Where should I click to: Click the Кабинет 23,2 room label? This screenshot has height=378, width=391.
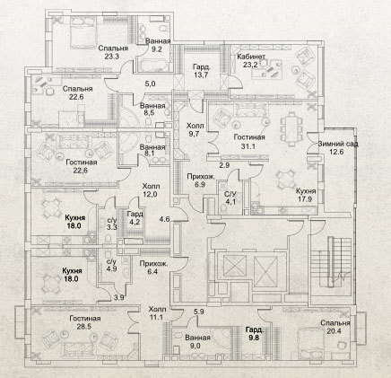pos(251,60)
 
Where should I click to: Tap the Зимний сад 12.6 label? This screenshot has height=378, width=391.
pos(338,147)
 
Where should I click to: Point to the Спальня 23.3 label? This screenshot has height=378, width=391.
pos(113,52)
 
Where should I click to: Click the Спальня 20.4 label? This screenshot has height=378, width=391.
pos(335,327)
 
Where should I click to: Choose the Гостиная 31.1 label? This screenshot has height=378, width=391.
pos(249,142)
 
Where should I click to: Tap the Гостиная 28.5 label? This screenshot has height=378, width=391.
pos(85,322)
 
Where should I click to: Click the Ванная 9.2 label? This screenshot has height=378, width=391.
pos(158,45)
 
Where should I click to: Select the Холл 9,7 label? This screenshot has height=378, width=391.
pos(195,129)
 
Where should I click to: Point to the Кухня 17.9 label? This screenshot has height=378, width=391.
pos(306,195)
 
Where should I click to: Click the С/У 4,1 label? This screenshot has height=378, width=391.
pos(230,198)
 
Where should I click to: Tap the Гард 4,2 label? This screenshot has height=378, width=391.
pos(135,217)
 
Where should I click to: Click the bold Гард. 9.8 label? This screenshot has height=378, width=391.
pos(255,334)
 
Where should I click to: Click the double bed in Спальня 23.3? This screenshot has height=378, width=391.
pos(84,32)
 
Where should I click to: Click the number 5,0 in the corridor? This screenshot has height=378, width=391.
pos(150,84)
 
